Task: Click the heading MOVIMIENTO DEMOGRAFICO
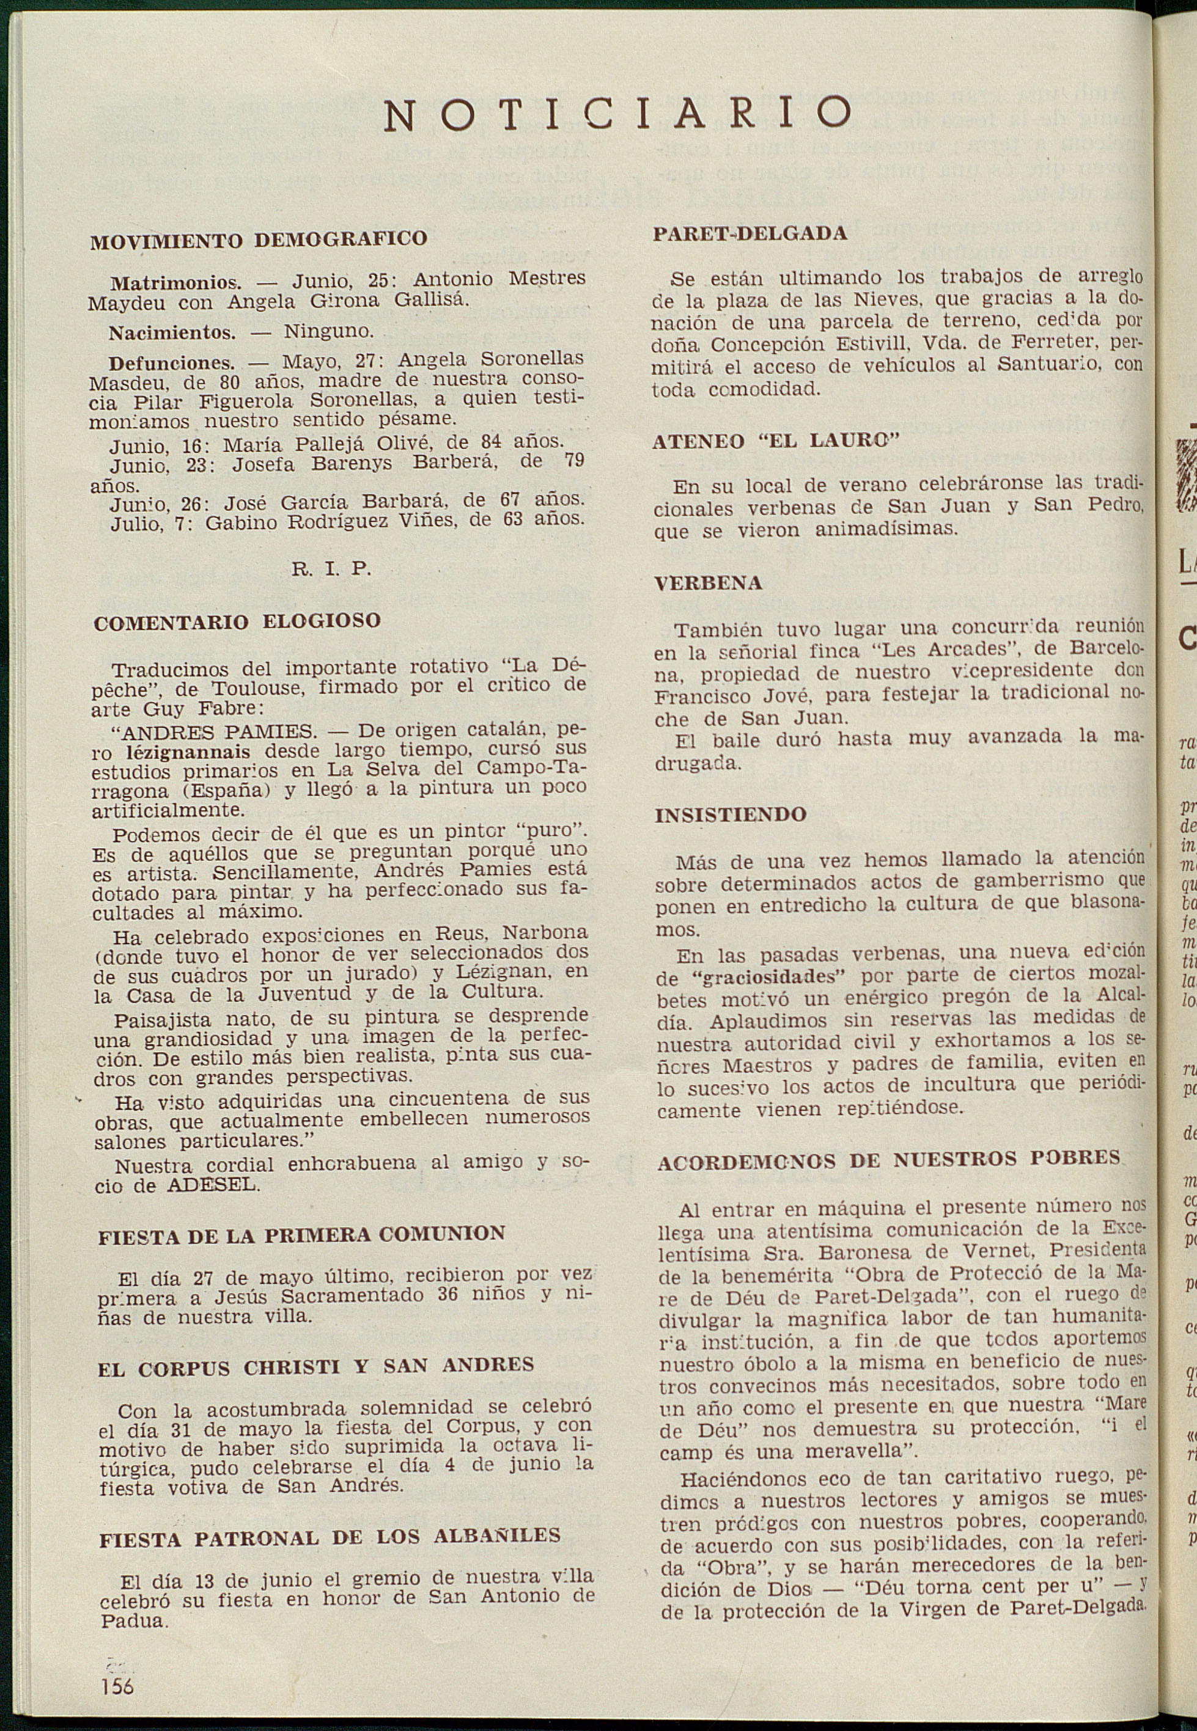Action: (x=259, y=240)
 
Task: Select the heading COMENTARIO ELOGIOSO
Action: (x=237, y=621)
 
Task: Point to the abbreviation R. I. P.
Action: (x=331, y=568)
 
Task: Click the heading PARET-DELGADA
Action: (x=750, y=234)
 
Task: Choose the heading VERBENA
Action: (x=708, y=584)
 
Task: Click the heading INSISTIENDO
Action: (x=731, y=815)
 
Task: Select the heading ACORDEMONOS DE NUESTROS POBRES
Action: (x=889, y=1160)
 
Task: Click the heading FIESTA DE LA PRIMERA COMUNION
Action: (x=301, y=1235)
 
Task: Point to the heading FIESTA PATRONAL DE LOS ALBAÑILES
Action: (x=330, y=1535)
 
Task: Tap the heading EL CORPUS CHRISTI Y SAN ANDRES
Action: (x=315, y=1366)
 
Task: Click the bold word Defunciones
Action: (x=172, y=364)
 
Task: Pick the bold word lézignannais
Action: (x=188, y=752)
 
